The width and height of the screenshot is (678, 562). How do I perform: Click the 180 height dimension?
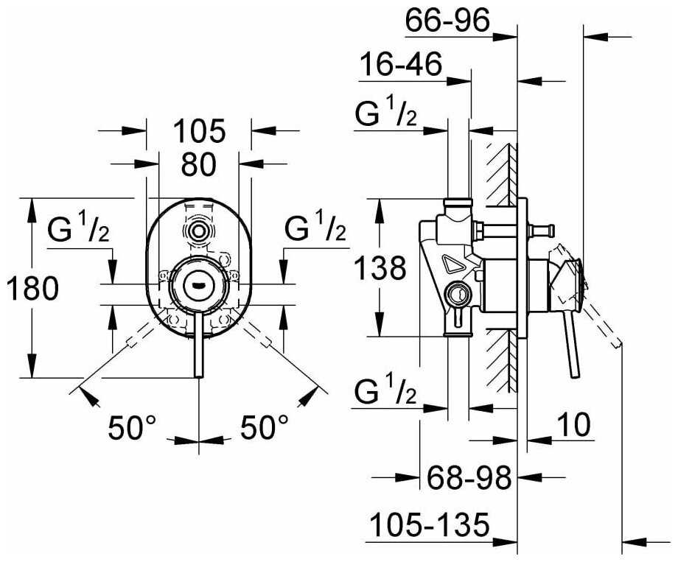[x=32, y=289]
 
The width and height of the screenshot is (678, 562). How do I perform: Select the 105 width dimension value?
[x=198, y=132]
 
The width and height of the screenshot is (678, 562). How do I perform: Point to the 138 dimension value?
[x=379, y=268]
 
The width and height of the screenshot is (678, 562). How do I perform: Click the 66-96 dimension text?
[x=447, y=23]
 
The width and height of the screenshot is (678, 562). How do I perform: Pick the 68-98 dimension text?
[x=469, y=480]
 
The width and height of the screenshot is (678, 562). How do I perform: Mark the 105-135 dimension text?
[x=429, y=525]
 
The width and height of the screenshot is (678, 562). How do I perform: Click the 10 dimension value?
[x=574, y=425]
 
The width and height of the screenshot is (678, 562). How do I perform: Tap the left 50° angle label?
[x=133, y=426]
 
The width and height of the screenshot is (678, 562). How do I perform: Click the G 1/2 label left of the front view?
[x=78, y=231]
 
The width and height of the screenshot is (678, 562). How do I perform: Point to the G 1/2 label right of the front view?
[x=315, y=229]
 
